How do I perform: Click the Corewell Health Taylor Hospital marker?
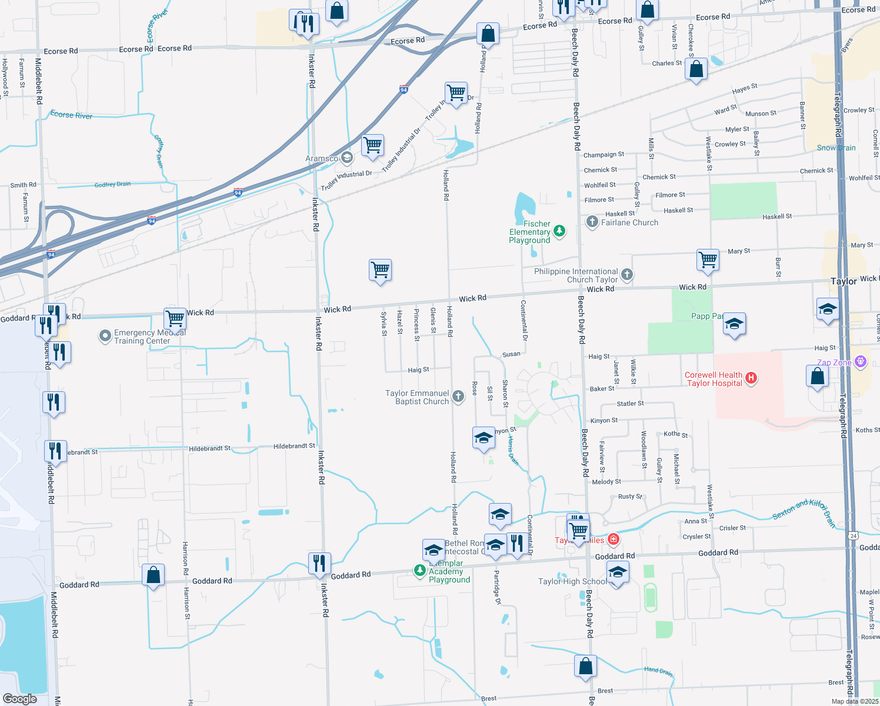click(x=751, y=378)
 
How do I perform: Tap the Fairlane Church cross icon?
click(x=592, y=222)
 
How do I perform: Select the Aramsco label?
click(x=322, y=158)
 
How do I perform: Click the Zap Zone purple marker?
click(x=861, y=361)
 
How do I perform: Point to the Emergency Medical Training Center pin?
click(x=105, y=336)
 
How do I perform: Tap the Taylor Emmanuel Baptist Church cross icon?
click(x=458, y=397)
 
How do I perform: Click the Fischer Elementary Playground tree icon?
click(x=559, y=231)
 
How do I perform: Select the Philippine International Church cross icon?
click(x=627, y=274)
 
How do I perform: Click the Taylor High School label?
click(x=572, y=581)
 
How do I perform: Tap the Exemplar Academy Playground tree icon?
click(x=419, y=570)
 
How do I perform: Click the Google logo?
click(x=19, y=699)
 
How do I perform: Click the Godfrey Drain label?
click(x=112, y=185)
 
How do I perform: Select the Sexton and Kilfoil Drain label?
click(x=804, y=510)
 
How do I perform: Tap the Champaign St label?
click(x=604, y=155)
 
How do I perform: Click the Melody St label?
click(x=606, y=482)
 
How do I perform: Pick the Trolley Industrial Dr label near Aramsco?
click(x=346, y=181)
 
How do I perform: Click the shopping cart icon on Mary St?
click(x=708, y=259)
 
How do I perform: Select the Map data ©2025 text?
click(x=855, y=701)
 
